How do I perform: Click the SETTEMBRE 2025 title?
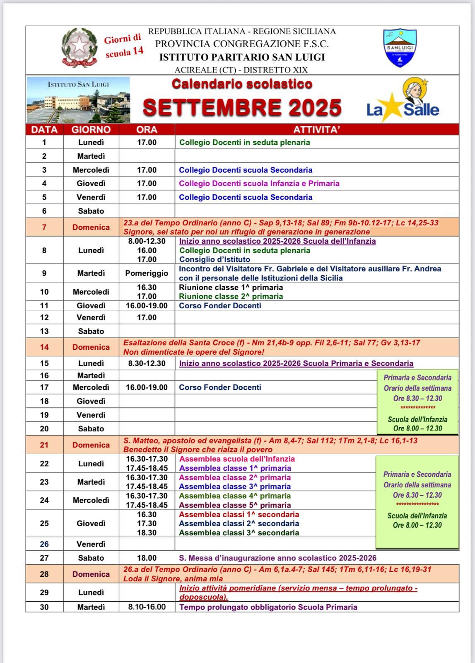pyautogui.click(x=242, y=107)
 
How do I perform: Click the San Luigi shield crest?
pyautogui.click(x=400, y=48)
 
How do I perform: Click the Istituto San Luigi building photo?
pyautogui.click(x=78, y=99)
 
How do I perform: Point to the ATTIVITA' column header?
pyautogui.click(x=317, y=130)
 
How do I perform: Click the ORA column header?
pyautogui.click(x=147, y=130)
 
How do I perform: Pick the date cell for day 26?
pyautogui.click(x=44, y=544)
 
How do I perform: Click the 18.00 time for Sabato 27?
pyautogui.click(x=147, y=558)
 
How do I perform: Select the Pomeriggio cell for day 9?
pyautogui.click(x=147, y=273)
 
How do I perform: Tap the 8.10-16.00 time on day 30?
pyautogui.click(x=147, y=607)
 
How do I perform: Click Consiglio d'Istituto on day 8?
pyautogui.click(x=215, y=259)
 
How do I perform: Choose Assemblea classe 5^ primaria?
pyautogui.click(x=235, y=505)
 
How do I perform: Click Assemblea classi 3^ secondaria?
pyautogui.click(x=239, y=533)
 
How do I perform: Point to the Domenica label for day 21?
pyautogui.click(x=91, y=445)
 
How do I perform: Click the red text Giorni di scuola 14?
pyautogui.click(x=124, y=45)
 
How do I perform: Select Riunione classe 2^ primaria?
pyautogui.click(x=231, y=296)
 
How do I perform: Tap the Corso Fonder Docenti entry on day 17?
pyautogui.click(x=220, y=387)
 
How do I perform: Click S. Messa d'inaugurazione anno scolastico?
pyautogui.click(x=277, y=558)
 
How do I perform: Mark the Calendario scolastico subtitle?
pyautogui.click(x=242, y=84)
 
